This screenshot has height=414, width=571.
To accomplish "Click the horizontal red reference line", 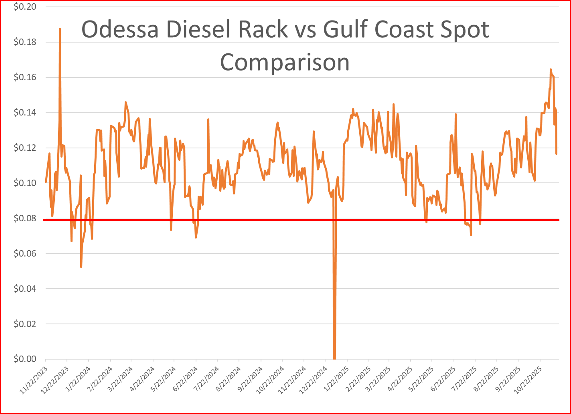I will point(252,220).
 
